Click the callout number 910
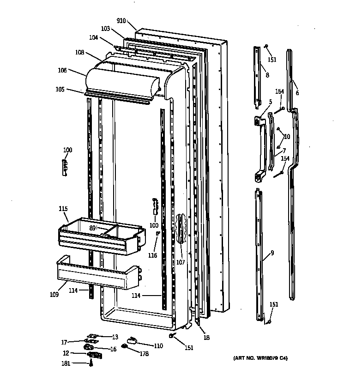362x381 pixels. click(121, 21)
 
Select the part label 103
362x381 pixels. click(105, 29)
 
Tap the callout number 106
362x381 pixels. click(62, 70)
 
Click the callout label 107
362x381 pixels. click(180, 262)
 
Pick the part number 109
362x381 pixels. click(54, 294)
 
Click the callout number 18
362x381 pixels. click(206, 338)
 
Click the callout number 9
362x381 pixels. click(272, 253)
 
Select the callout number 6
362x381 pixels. click(297, 92)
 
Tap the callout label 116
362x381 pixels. click(153, 255)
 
